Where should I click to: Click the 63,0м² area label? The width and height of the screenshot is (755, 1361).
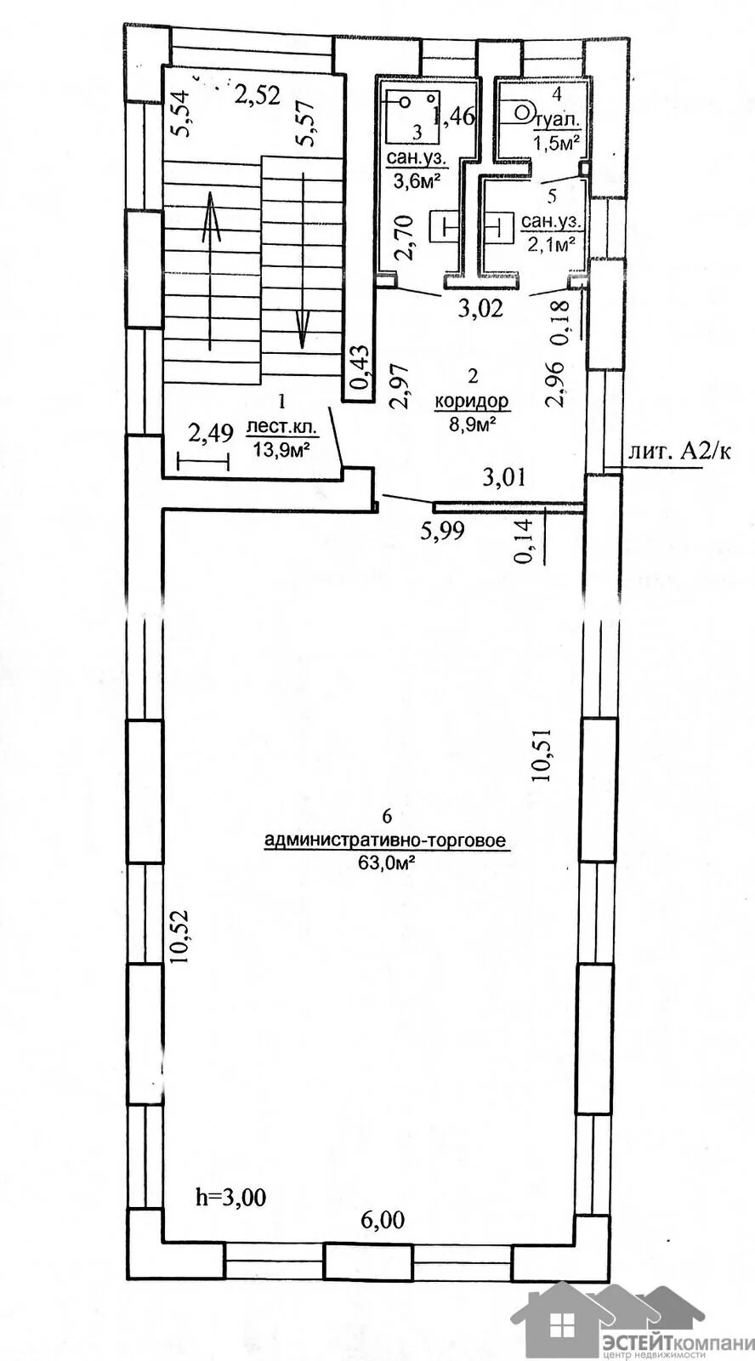pos(386,863)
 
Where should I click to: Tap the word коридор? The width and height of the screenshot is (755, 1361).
pos(472,401)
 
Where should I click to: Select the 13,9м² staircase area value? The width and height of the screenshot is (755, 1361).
pos(279,450)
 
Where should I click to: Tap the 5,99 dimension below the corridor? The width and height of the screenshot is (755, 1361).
pos(443,531)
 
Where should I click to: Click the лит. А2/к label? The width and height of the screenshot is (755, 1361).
pos(679,452)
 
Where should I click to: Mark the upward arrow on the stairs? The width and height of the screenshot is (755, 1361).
pos(210,270)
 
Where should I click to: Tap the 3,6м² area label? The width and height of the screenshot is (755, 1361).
pos(416,181)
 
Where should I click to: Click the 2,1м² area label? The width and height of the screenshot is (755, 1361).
pos(553,245)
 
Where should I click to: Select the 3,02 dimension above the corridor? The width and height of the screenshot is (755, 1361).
pos(480,309)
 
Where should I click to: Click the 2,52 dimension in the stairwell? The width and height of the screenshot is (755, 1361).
pos(257,94)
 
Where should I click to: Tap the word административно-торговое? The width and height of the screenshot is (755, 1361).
pos(386,841)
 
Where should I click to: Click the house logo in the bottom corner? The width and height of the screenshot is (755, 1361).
pos(607,1314)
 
